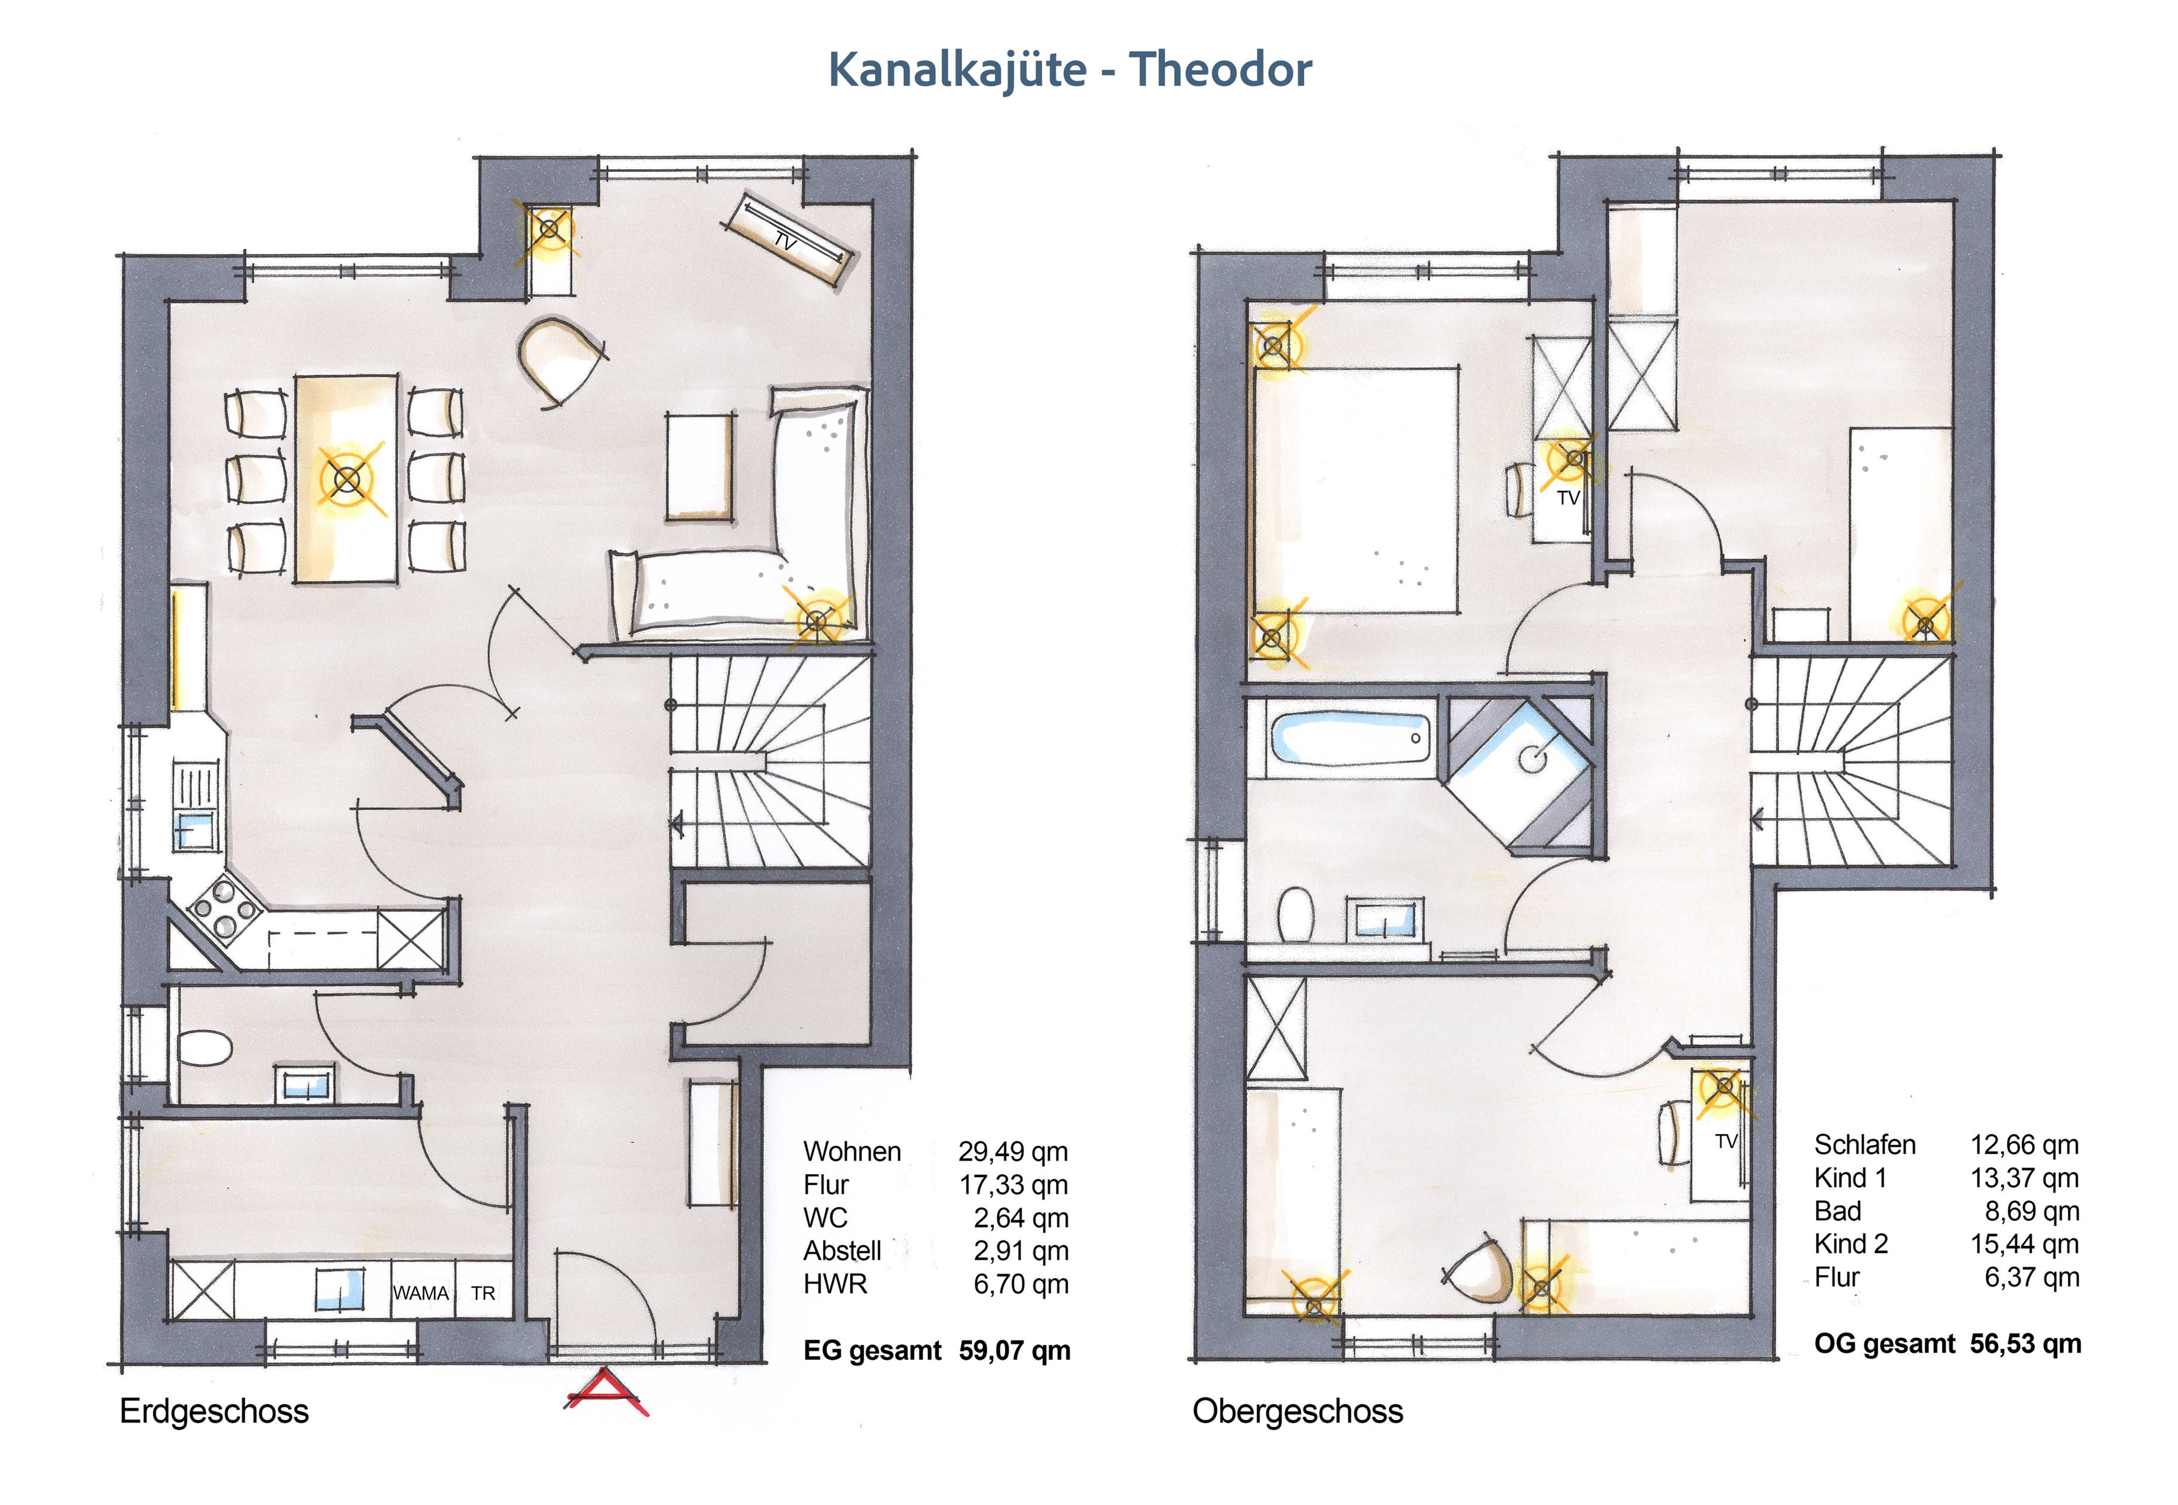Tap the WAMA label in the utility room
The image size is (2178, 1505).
point(420,1293)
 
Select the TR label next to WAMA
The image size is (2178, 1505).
point(483,1293)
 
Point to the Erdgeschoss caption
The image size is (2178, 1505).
point(214,1412)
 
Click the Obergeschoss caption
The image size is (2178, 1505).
point(1297,1412)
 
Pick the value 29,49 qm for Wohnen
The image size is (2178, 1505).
point(1013,1151)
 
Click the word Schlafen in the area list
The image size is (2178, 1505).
point(1865,1145)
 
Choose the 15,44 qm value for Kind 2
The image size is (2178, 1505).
point(2025,1244)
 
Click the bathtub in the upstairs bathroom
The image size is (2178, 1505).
point(1350,738)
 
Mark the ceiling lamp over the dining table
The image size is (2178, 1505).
point(348,480)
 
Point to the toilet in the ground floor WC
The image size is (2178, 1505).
point(204,1048)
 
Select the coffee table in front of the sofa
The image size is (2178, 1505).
point(699,466)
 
